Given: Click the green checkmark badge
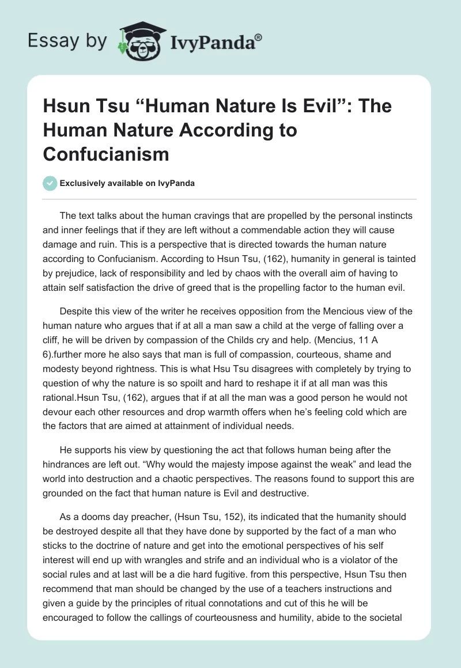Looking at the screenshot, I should click(50, 183).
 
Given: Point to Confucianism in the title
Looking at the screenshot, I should click(107, 154).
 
